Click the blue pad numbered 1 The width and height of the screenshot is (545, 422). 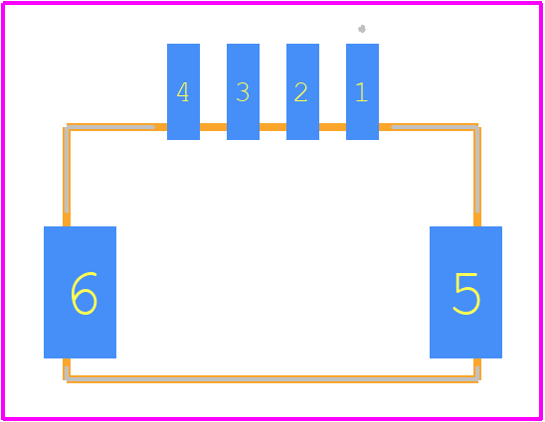tap(362, 91)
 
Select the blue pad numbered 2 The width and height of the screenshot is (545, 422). tap(302, 91)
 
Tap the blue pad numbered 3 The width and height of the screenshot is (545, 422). tap(243, 91)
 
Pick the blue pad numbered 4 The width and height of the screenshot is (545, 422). tap(184, 91)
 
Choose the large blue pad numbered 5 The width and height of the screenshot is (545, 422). tap(465, 292)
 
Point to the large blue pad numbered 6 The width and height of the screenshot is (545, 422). tap(80, 292)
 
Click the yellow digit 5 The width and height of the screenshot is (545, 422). tap(466, 294)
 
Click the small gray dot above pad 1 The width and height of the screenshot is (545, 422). tap(362, 29)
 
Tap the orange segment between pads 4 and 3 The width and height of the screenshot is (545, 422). tap(214, 127)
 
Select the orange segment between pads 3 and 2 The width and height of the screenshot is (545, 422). tap(272, 127)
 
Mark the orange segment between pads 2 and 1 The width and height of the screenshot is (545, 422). tap(332, 127)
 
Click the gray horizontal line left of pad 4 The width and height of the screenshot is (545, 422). tap(110, 127)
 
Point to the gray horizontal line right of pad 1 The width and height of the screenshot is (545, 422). tap(435, 127)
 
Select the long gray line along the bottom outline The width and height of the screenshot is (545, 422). tap(272, 379)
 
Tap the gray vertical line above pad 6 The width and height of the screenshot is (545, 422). tap(67, 170)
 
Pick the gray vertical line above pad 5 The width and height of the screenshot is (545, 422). tap(477, 170)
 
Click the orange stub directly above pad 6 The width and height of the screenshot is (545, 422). tap(67, 219)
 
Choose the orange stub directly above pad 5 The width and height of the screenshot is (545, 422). tap(477, 219)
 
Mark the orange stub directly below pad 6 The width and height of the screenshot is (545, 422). tap(67, 362)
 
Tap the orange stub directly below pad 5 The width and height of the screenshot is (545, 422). tap(477, 362)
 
